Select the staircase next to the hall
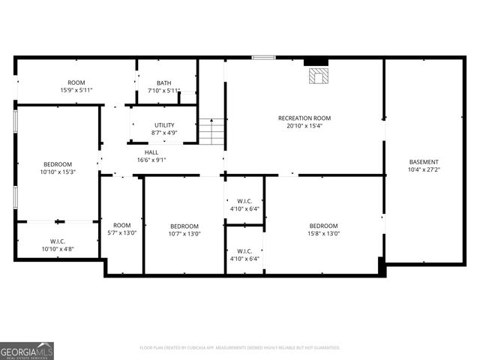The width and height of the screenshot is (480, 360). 212,133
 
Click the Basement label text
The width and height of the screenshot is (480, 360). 424,162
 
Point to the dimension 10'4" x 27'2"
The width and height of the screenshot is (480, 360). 424,170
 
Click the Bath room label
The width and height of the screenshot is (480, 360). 163,83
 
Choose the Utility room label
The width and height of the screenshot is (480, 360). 164,125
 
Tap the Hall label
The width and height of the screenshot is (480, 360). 151,152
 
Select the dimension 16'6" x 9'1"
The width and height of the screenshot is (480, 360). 151,160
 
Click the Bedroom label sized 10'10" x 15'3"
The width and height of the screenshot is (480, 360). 58,164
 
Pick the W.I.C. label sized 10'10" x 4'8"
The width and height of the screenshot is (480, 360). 58,241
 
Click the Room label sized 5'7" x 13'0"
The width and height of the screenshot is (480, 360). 121,225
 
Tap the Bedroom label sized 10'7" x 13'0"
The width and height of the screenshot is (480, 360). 184,226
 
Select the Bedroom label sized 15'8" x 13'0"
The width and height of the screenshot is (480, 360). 324,226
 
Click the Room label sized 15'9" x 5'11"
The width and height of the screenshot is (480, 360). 76,82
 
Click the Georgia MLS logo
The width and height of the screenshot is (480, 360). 27,350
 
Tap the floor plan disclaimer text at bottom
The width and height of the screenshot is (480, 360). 240,347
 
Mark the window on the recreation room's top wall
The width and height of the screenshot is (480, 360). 263,57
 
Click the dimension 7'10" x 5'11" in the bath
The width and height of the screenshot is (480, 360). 163,91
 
